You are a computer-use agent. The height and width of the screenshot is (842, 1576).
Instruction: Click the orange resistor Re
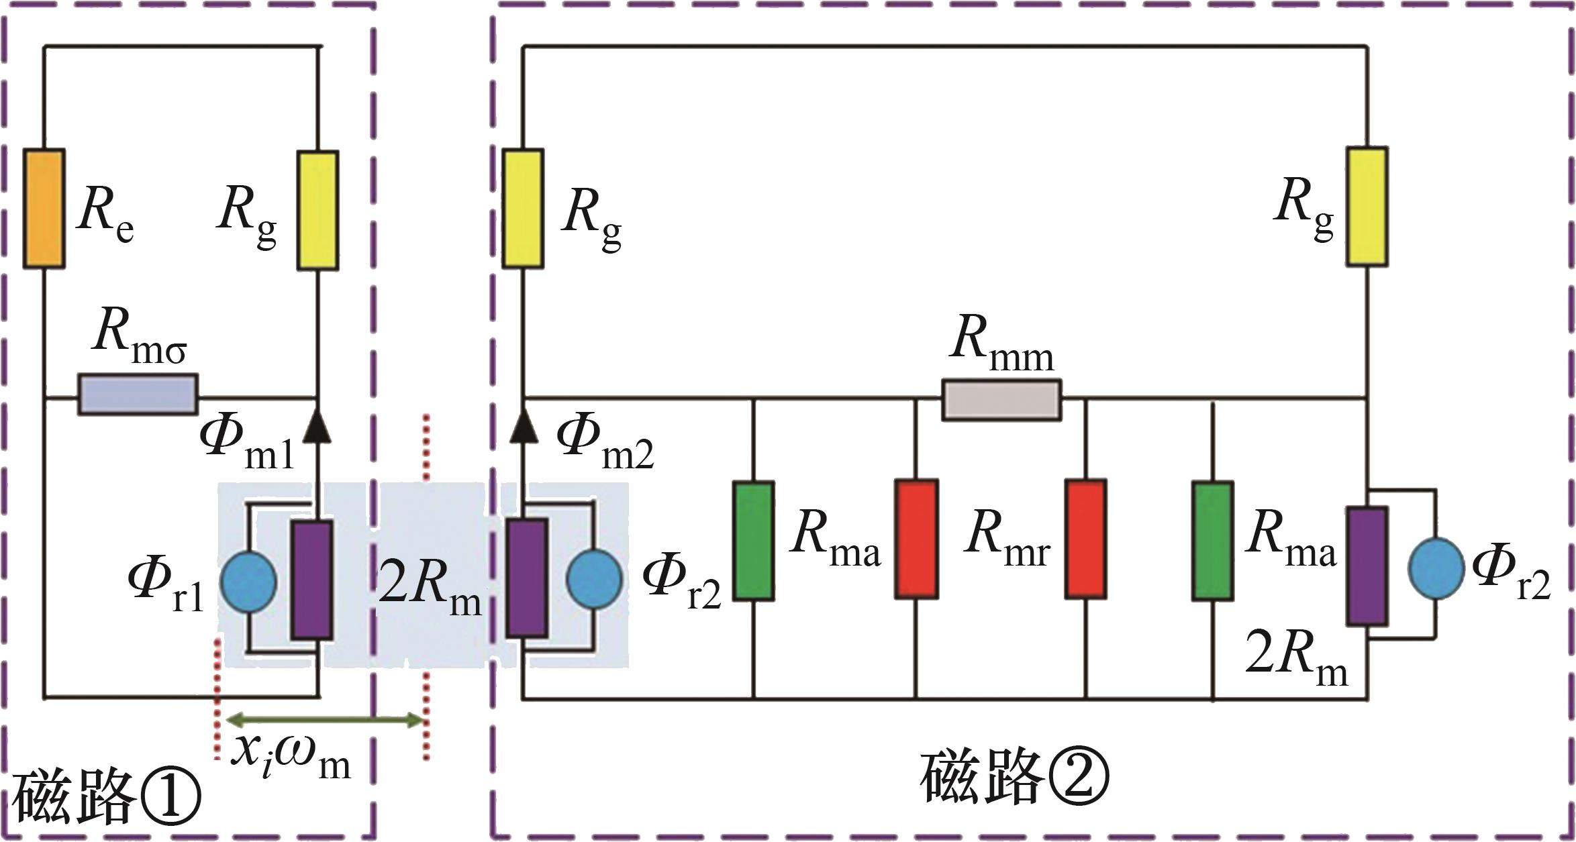pos(44,209)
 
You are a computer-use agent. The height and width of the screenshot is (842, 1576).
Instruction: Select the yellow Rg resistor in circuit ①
pos(317,210)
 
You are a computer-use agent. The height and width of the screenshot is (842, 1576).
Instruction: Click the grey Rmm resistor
pos(1001,400)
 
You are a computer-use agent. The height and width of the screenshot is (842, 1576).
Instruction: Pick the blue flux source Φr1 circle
pos(248,581)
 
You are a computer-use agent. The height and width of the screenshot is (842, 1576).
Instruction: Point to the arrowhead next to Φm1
pos(317,425)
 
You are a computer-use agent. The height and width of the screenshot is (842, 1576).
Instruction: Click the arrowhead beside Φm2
pos(523,425)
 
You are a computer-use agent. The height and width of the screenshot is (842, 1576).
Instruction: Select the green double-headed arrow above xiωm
pos(325,721)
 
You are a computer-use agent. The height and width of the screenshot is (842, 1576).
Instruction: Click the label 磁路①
pos(107,801)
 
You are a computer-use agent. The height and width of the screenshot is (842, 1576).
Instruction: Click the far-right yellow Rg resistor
pos(1367,207)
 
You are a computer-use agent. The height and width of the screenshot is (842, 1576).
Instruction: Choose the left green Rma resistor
pos(753,539)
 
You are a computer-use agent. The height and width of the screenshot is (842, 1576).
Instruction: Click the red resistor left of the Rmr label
pos(916,539)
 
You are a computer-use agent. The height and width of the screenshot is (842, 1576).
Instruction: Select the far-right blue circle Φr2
pos(1436,567)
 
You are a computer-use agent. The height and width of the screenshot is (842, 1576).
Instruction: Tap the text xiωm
pos(290,757)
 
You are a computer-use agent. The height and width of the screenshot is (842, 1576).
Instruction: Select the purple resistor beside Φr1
pos(311,580)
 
